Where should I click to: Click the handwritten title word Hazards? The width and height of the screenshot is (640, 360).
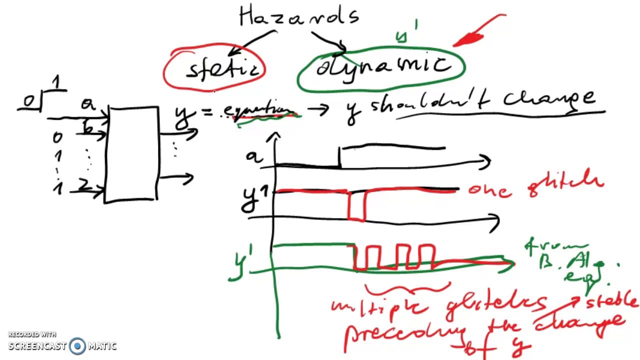[x=299, y=16]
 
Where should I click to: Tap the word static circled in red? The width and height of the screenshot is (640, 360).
[x=222, y=69]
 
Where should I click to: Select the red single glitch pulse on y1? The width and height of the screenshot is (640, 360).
[x=356, y=205]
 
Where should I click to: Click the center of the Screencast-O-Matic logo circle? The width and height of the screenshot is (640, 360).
[x=77, y=345]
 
